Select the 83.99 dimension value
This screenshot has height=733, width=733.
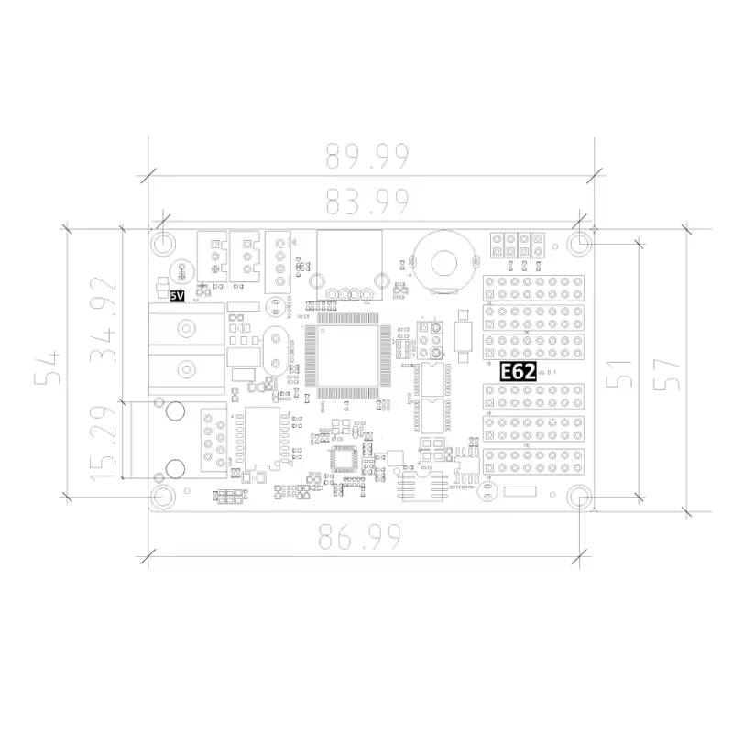click(x=366, y=199)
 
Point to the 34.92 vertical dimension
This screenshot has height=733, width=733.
click(x=104, y=318)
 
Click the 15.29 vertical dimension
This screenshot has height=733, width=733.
click(x=104, y=439)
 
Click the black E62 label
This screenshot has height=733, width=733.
click(x=518, y=372)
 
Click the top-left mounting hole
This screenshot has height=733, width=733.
click(x=163, y=244)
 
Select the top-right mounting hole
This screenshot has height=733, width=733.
click(x=579, y=244)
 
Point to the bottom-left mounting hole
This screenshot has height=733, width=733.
click(x=163, y=497)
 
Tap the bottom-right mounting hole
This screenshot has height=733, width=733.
click(x=579, y=497)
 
